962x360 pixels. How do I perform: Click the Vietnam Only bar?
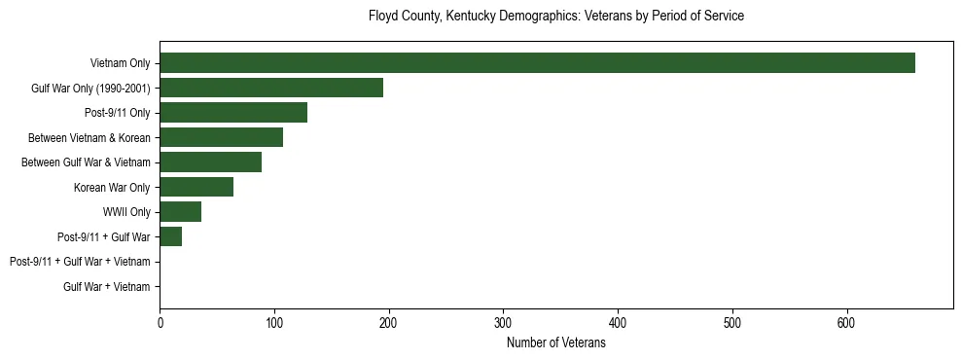click(x=537, y=62)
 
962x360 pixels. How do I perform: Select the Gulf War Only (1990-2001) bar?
click(x=271, y=88)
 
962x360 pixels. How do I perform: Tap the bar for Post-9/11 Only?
click(x=233, y=112)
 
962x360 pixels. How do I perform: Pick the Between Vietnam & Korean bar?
click(x=221, y=137)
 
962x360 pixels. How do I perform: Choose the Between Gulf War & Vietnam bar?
click(x=210, y=162)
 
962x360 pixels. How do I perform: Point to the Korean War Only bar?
click(x=196, y=187)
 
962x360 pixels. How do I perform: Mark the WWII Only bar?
click(x=180, y=211)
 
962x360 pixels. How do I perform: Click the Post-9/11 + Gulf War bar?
click(x=170, y=236)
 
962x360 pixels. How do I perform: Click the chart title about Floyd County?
click(x=556, y=17)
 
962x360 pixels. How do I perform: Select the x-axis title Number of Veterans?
click(x=556, y=343)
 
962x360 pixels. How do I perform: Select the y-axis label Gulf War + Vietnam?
click(x=107, y=286)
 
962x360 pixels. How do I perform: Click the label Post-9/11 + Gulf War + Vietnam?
click(x=80, y=262)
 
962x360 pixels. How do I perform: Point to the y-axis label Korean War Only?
click(x=112, y=187)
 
